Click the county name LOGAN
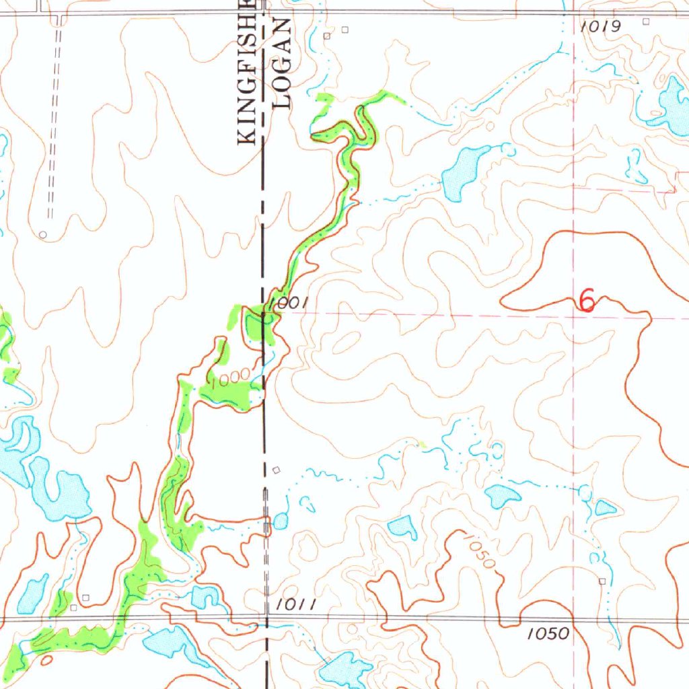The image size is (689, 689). (283, 64)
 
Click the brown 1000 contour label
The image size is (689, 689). (229, 381)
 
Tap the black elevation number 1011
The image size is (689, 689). (296, 605)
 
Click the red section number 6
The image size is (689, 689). (587, 301)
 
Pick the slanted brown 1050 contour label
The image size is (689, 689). (480, 550)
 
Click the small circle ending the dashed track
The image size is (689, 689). (43, 235)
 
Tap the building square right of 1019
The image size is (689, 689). (646, 22)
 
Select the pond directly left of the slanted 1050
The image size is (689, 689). (403, 527)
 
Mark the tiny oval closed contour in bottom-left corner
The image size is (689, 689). (46, 660)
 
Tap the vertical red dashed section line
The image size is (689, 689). (574, 404)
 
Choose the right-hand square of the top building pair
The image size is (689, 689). (347, 29)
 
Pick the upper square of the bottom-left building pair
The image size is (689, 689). (85, 597)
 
